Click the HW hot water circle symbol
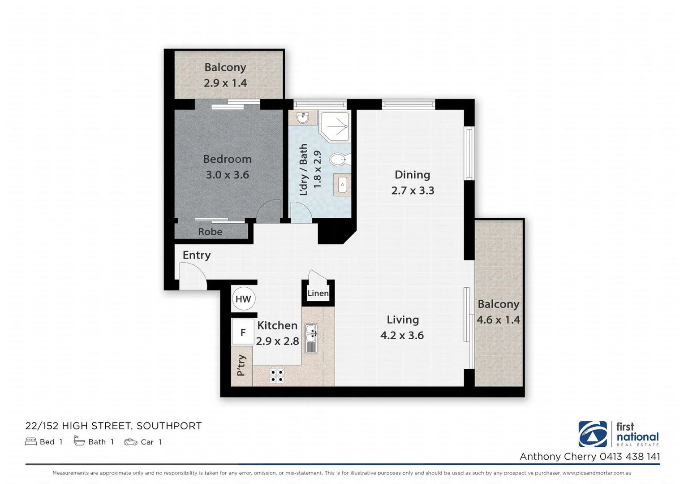coord(243,299)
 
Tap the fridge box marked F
coord(243,333)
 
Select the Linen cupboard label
coord(318,294)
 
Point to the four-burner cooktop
coord(277,375)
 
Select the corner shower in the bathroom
coord(334,125)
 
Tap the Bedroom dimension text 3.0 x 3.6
coord(227,175)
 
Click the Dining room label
coord(412,175)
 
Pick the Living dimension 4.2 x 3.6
coord(402,335)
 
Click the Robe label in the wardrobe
coord(210,232)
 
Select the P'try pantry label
coord(241,365)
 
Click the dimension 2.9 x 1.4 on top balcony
coord(225,83)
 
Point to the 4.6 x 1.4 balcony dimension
coord(498,320)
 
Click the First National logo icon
coord(592,434)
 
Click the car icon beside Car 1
coord(130,442)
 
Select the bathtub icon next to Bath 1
coord(79,441)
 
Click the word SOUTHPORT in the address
coord(169,426)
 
